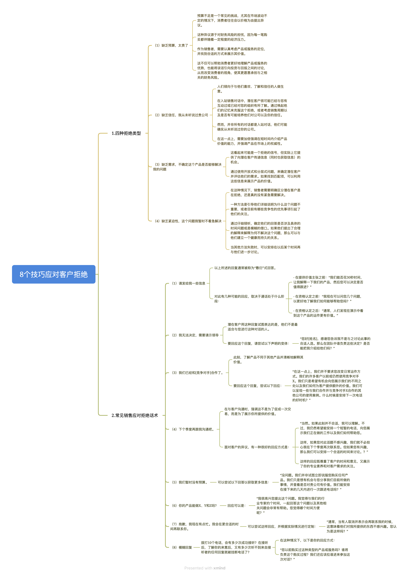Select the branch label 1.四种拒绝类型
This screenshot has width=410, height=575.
[126, 133]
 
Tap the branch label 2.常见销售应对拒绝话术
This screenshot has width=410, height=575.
[135, 415]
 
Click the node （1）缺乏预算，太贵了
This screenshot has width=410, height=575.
[171, 45]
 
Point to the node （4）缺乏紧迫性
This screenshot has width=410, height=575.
[188, 221]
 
